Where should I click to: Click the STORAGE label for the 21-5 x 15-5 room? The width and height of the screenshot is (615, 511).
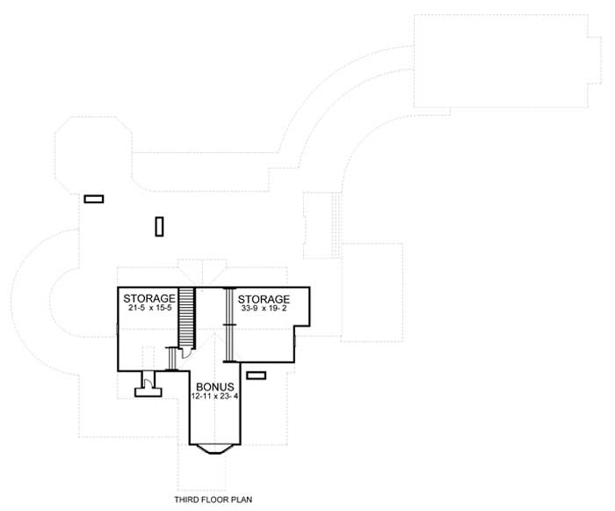[x=149, y=298]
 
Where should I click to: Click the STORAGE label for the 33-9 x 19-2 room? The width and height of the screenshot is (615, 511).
[x=264, y=299]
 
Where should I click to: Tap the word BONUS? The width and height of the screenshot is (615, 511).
[x=213, y=387]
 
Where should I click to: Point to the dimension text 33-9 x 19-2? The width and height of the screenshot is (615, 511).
[x=264, y=310]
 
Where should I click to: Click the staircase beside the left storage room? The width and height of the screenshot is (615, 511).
[x=186, y=317]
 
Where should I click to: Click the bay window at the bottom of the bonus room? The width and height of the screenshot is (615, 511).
[x=213, y=449]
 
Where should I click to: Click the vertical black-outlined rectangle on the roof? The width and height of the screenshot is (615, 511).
[x=159, y=226]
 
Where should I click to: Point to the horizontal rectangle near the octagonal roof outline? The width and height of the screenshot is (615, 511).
[x=94, y=199]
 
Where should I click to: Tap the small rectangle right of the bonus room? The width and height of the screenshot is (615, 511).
[x=256, y=376]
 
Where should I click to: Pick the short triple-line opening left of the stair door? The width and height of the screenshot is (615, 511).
[x=170, y=359]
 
